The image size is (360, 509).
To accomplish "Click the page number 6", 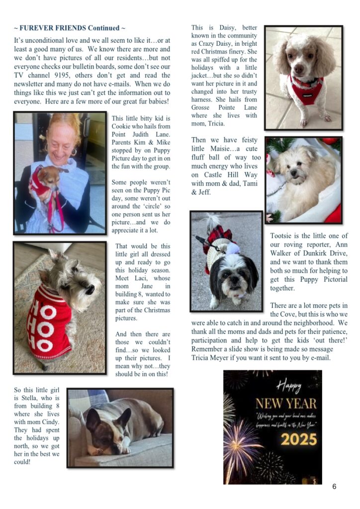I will pos(334,487).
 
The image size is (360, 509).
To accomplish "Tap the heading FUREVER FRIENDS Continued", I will pos(69,28).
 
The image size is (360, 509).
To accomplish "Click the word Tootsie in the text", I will pos(282,236).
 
